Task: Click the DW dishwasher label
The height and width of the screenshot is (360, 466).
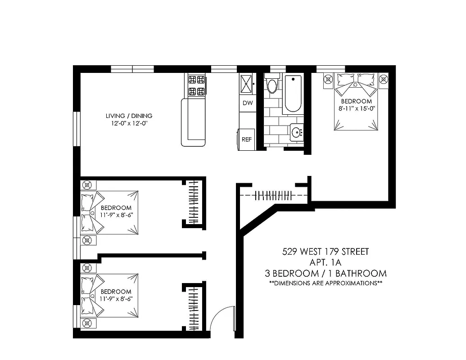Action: click(247, 103)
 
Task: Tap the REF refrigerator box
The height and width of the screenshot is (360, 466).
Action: click(247, 139)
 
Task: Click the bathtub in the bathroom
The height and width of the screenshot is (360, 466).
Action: click(293, 94)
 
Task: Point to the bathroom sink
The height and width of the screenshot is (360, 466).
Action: click(297, 132)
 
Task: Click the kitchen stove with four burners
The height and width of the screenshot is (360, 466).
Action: click(195, 85)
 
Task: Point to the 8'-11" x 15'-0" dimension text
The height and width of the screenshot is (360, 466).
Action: click(356, 108)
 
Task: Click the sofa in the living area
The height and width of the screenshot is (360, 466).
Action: click(193, 122)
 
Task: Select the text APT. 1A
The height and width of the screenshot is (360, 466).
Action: click(325, 262)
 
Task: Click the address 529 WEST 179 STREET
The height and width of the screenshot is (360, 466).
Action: click(325, 252)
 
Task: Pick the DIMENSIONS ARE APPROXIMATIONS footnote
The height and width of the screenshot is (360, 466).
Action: click(325, 283)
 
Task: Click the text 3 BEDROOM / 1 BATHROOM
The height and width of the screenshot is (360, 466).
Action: click(325, 273)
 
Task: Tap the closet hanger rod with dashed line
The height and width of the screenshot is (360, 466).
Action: click(273, 195)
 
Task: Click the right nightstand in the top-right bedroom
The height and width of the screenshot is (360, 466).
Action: click(384, 79)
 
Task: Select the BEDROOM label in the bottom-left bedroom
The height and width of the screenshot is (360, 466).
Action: click(116, 292)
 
